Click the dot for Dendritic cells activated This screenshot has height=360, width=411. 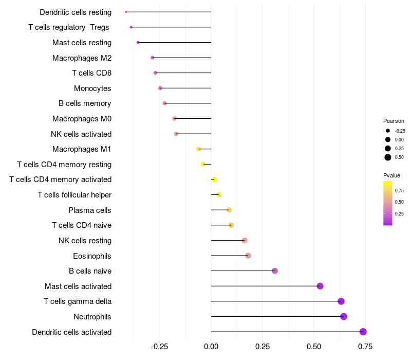point(363,332)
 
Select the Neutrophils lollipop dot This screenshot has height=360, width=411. point(344,316)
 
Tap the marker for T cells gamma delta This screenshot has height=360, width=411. point(341,301)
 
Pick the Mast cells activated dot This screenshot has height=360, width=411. point(320,286)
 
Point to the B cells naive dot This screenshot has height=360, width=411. point(275,271)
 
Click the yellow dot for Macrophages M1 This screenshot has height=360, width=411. point(199,149)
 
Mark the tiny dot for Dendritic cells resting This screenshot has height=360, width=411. point(126,12)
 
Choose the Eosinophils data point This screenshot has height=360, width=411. point(248,256)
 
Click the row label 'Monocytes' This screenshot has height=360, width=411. point(92,88)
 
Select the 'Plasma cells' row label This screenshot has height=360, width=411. point(90,210)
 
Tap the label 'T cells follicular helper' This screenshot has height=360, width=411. point(74,195)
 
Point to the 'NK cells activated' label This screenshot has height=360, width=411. point(81,134)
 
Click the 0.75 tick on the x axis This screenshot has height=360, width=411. point(365,347)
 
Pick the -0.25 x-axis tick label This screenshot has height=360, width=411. point(159,347)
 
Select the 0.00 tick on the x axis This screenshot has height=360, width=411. point(211,347)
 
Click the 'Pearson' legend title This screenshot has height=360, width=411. point(394,121)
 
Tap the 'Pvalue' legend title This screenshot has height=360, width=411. point(392,175)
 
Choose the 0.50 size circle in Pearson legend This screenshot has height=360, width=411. point(388,157)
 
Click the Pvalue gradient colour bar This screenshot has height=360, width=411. point(388,203)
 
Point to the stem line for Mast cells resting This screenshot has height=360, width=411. point(175,42)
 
